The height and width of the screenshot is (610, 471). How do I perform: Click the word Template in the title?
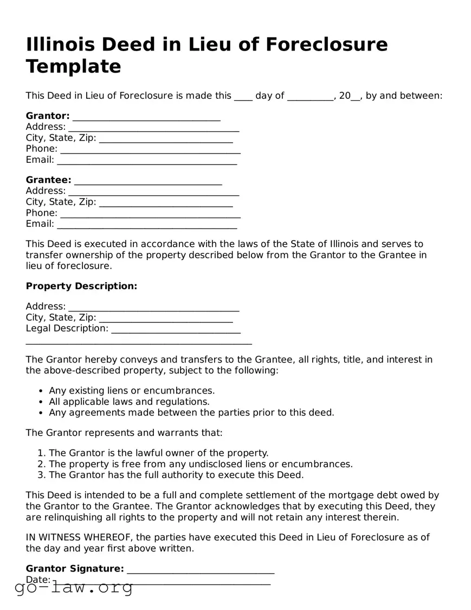tap(73, 66)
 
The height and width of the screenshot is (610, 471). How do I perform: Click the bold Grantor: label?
tap(48, 116)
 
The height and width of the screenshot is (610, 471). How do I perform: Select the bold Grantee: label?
tap(48, 180)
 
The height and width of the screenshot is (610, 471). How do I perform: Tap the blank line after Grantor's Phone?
tap(150, 149)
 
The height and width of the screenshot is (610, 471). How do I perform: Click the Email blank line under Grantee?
tap(147, 224)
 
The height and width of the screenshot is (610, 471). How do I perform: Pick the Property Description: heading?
tap(81, 286)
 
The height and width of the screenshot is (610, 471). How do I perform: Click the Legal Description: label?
tap(67, 328)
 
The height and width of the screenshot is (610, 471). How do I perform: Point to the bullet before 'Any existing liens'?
tap(41, 391)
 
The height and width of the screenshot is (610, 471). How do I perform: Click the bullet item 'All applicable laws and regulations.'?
tap(129, 402)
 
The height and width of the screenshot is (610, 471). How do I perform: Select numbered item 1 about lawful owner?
tap(158, 453)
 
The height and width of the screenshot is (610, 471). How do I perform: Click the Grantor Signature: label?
tap(75, 569)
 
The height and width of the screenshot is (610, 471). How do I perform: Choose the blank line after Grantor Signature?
tap(201, 570)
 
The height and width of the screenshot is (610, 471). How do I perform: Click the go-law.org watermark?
tap(73, 587)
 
